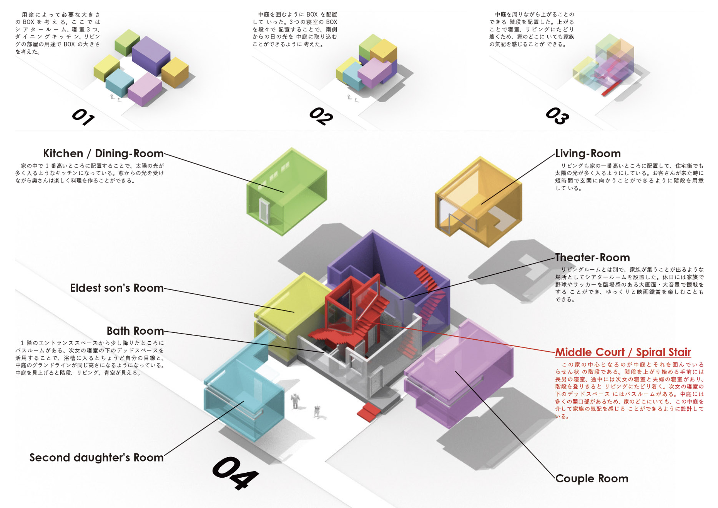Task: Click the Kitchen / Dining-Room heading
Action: click(x=103, y=153)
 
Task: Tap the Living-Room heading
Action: click(x=588, y=154)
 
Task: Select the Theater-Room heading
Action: click(x=592, y=257)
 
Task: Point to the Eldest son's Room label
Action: click(x=117, y=288)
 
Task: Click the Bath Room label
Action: click(x=135, y=331)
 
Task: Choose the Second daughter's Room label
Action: click(x=96, y=457)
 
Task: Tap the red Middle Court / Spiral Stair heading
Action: click(x=623, y=352)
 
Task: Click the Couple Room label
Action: click(x=592, y=478)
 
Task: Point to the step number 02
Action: click(x=321, y=116)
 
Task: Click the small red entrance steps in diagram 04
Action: click(x=368, y=412)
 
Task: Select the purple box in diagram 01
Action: click(x=151, y=56)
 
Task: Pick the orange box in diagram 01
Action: click(x=175, y=72)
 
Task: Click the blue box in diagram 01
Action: click(x=120, y=83)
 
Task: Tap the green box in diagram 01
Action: click(x=127, y=42)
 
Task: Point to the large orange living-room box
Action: click(x=479, y=202)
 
